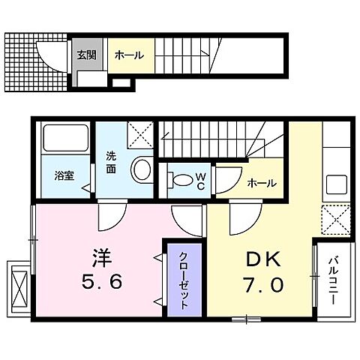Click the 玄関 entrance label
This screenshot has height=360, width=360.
[85, 55]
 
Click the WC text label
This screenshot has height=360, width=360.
[201, 181]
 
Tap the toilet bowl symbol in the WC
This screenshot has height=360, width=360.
[180, 181]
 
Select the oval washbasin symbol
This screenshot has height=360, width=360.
[140, 169]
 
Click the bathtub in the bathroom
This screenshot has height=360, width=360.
[64, 139]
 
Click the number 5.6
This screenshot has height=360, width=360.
[102, 283]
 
